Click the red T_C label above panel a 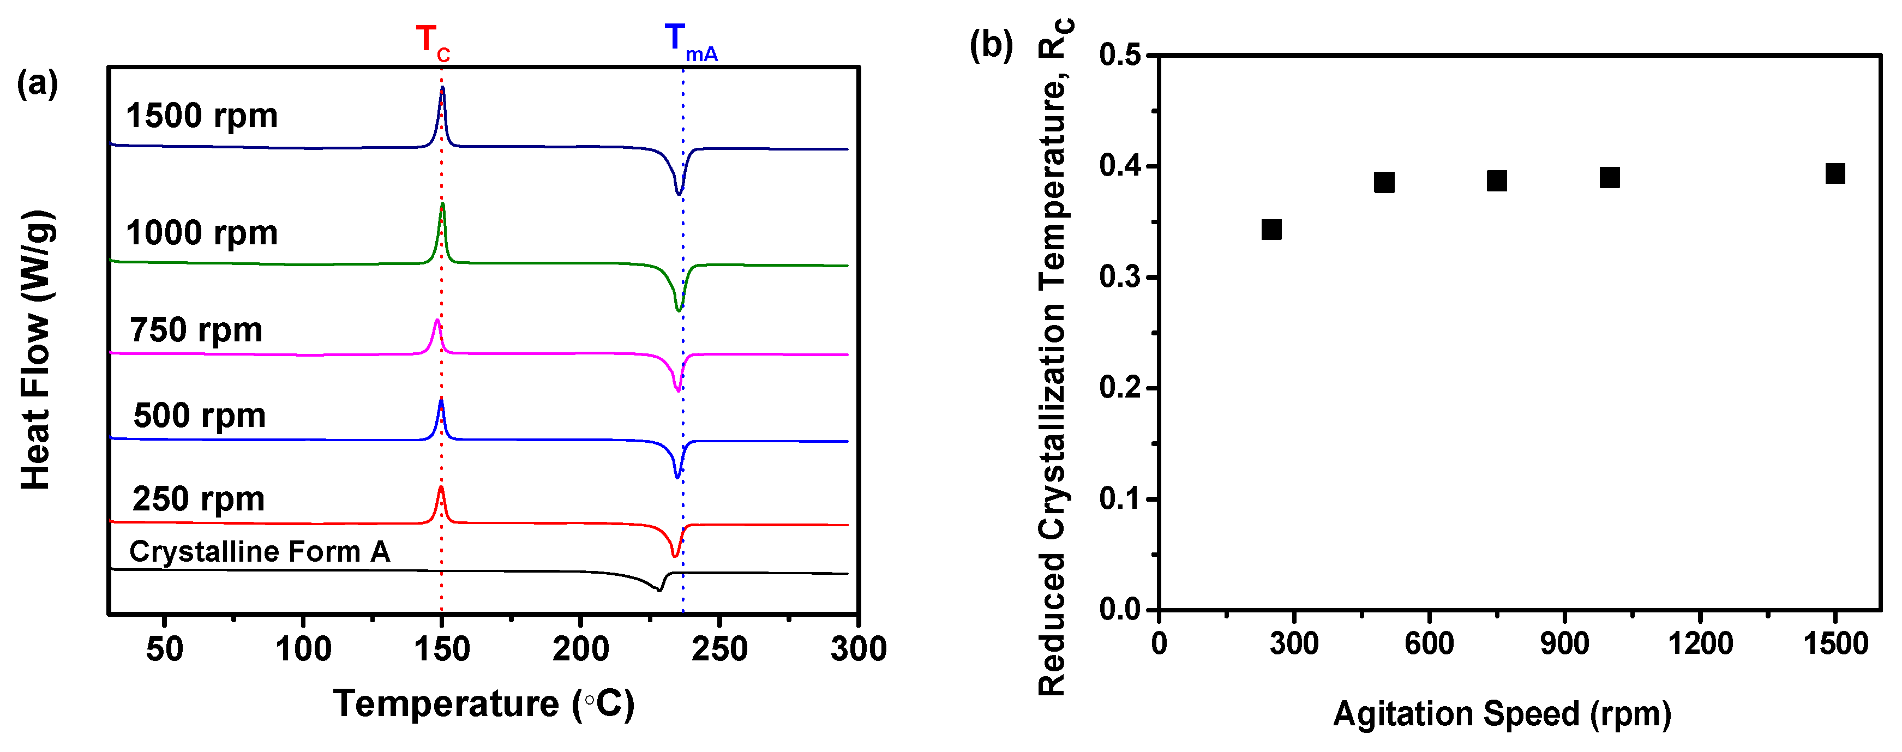pos(432,41)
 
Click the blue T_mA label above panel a pos(689,41)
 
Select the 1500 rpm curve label pos(202,116)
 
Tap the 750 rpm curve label pos(196,330)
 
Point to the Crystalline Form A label pos(259,551)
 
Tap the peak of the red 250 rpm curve pos(441,489)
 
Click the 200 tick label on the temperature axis pos(580,649)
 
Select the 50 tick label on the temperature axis pos(164,649)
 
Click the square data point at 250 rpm pos(1271,230)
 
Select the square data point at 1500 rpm pos(1835,173)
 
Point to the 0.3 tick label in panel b pos(1119,278)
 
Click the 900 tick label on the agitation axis pos(1564,643)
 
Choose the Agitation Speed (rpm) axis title pos(1502,714)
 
